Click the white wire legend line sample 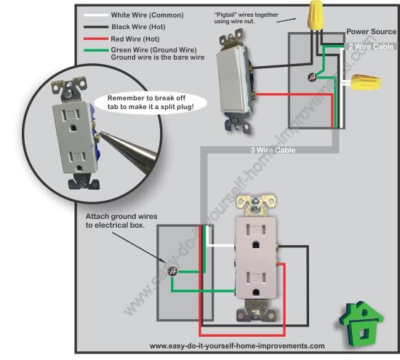point(96,15)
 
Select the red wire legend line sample point(96,39)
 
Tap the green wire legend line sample point(96,50)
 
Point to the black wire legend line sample point(96,27)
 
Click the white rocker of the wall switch point(231,79)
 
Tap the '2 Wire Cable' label point(371,47)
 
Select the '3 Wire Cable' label point(273,150)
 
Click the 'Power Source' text point(371,32)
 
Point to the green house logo point(361,323)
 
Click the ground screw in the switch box point(312,77)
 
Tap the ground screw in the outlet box point(172,271)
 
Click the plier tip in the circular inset point(100,132)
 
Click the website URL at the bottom point(237,346)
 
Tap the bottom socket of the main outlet point(256,283)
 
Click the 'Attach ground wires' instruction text point(121,220)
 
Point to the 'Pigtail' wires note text point(246,18)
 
